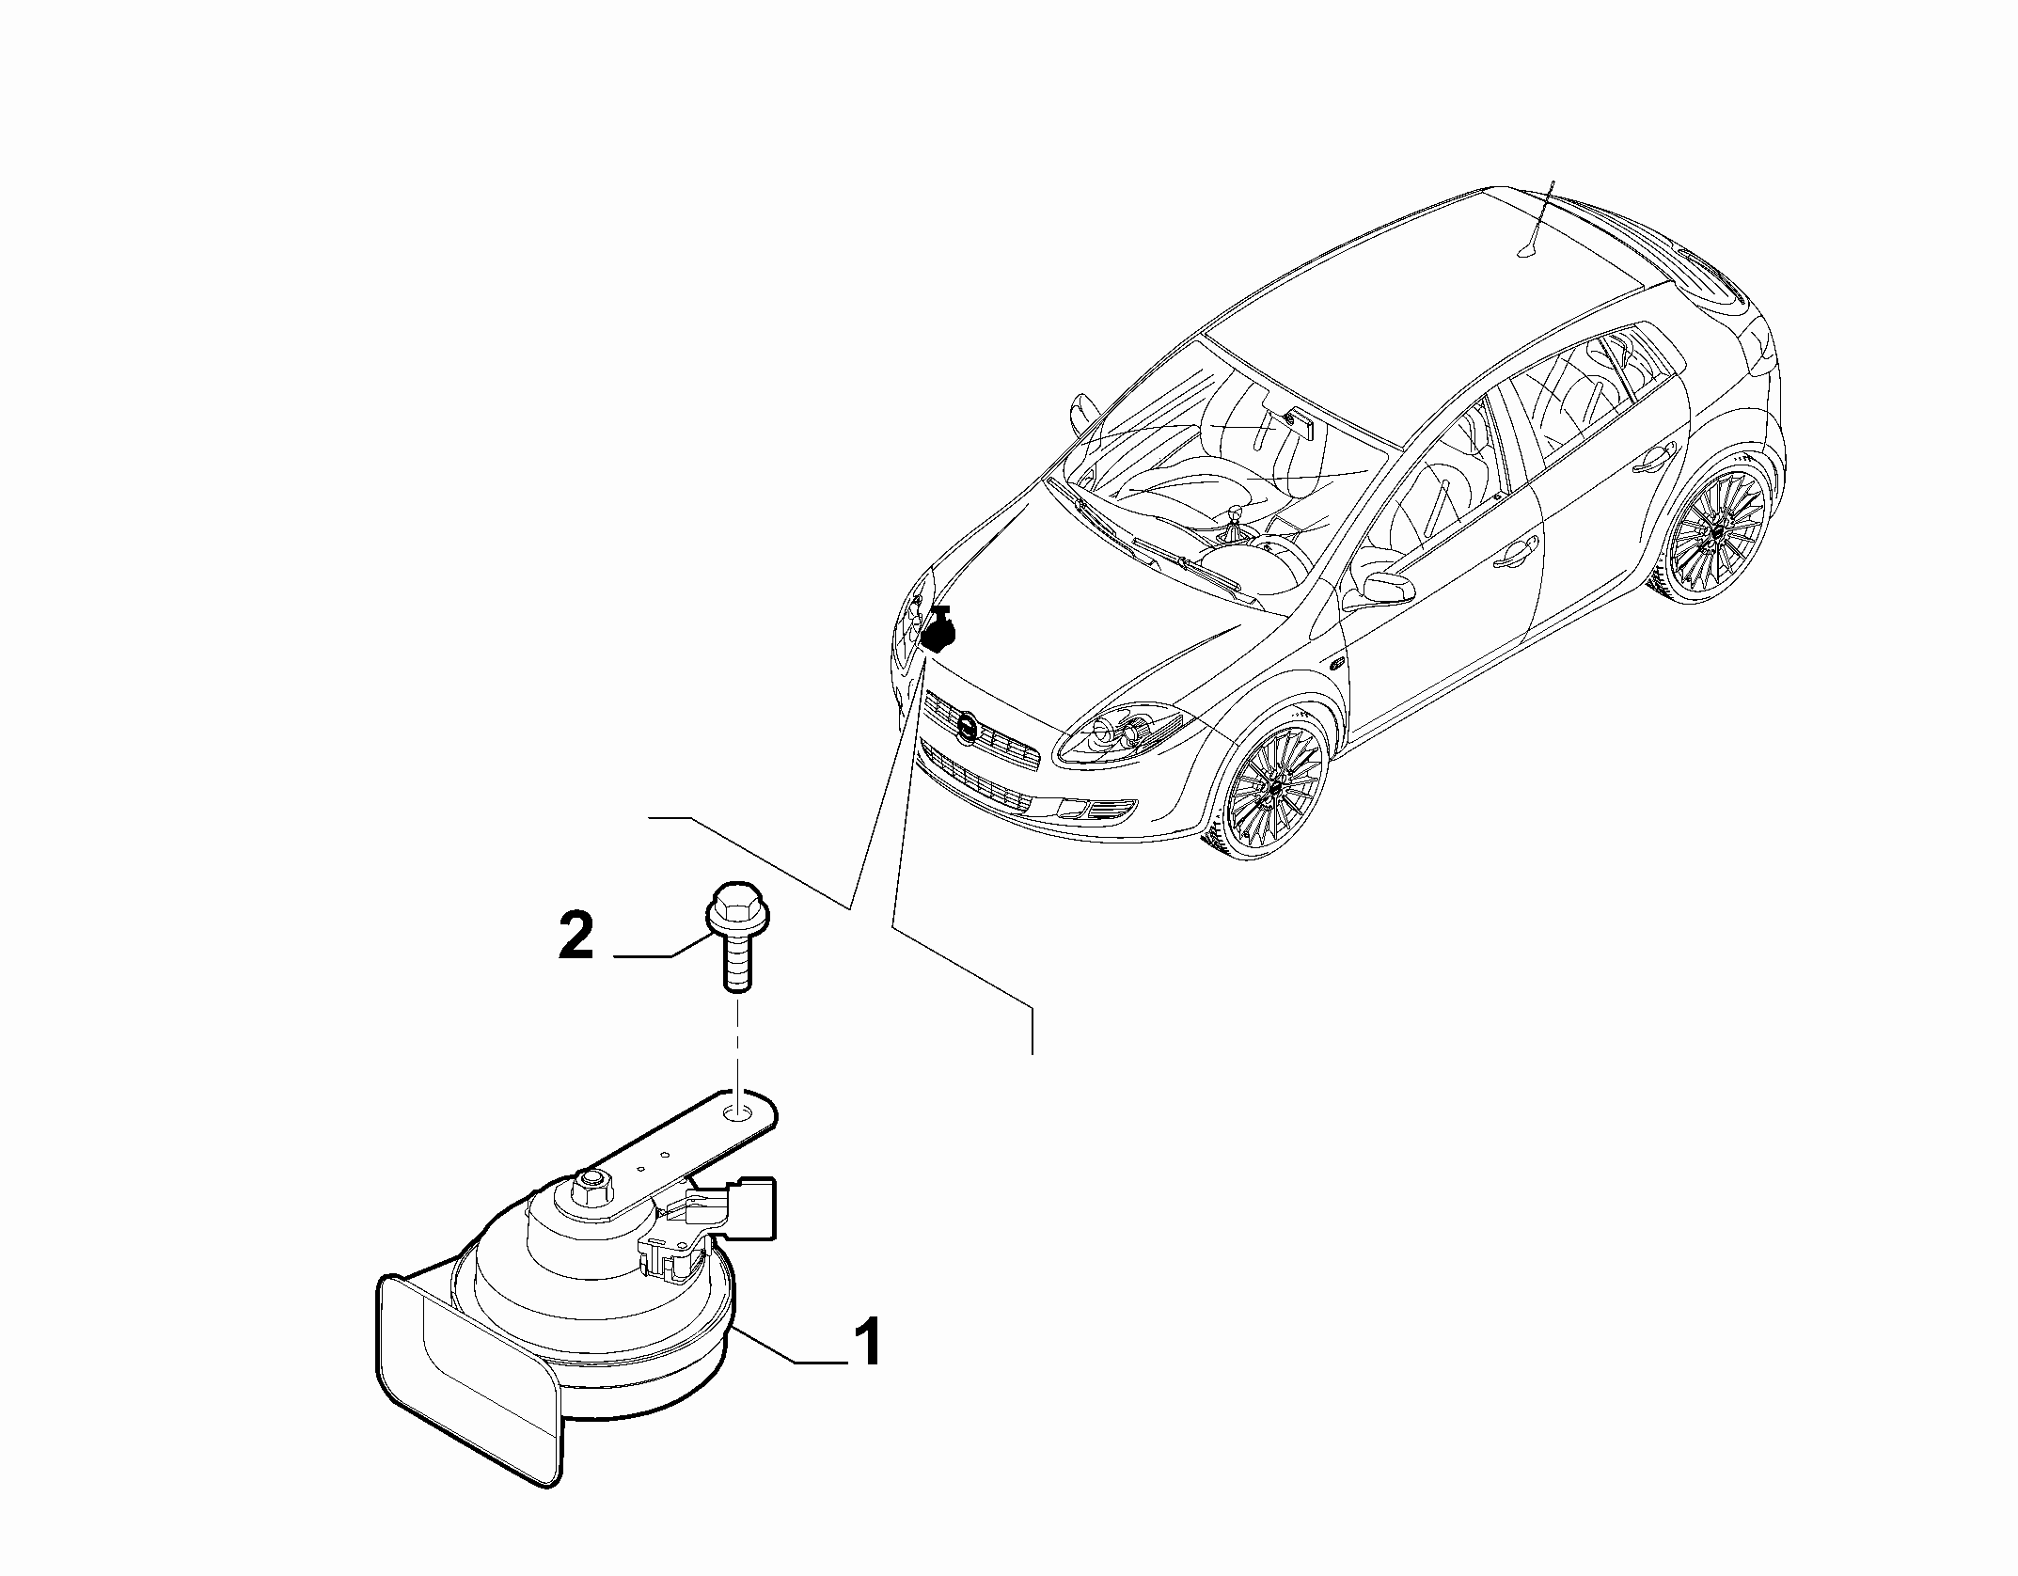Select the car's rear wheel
1713,528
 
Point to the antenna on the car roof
1535,218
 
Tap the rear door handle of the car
1655,462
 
